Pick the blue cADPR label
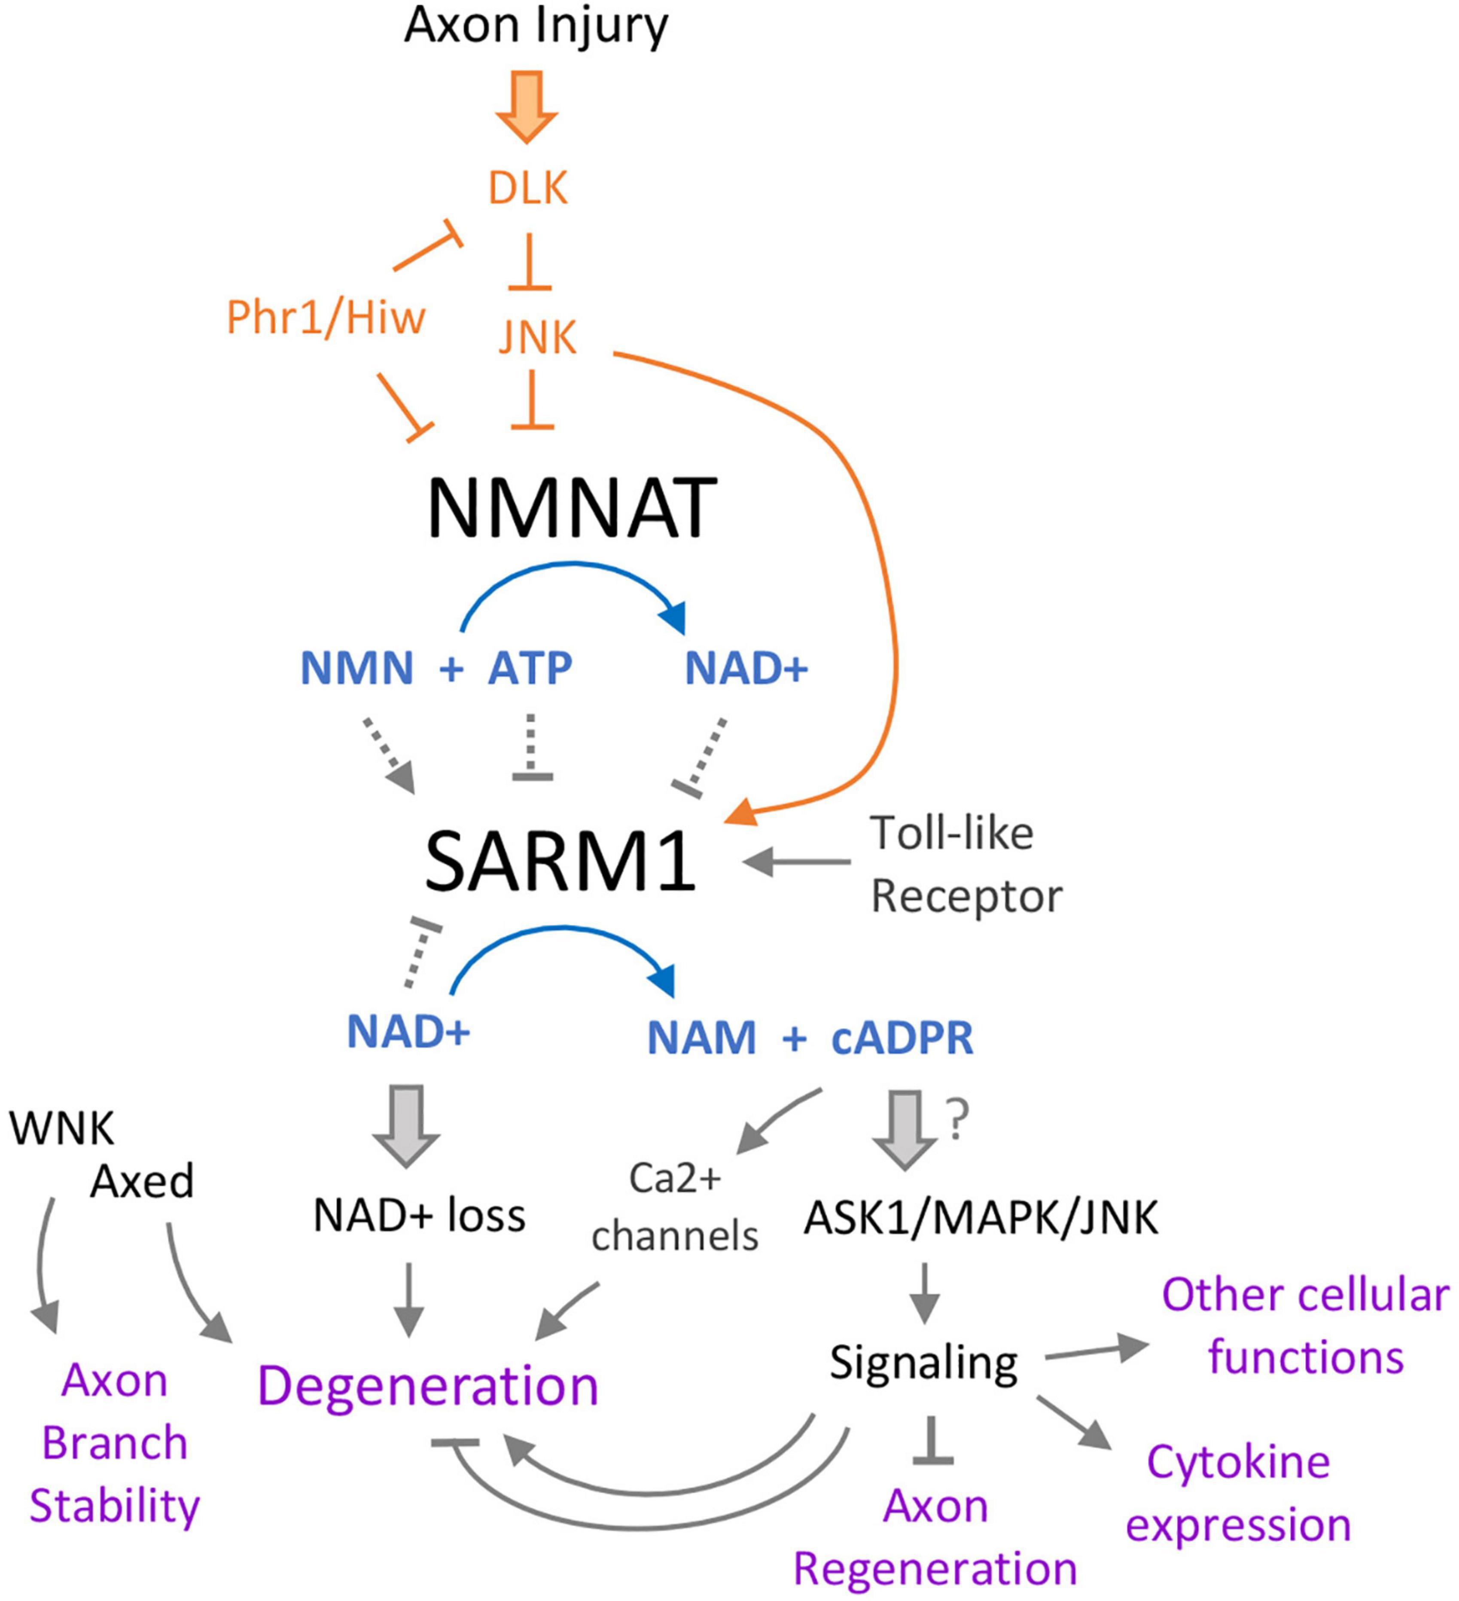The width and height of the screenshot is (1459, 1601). coord(902,1038)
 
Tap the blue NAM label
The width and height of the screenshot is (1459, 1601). coord(702,1038)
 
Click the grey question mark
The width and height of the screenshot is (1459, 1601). coord(958,1120)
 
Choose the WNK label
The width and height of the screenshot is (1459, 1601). coord(62,1127)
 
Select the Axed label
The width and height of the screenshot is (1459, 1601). coord(142,1181)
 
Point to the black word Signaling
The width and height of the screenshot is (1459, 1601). coord(923,1363)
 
